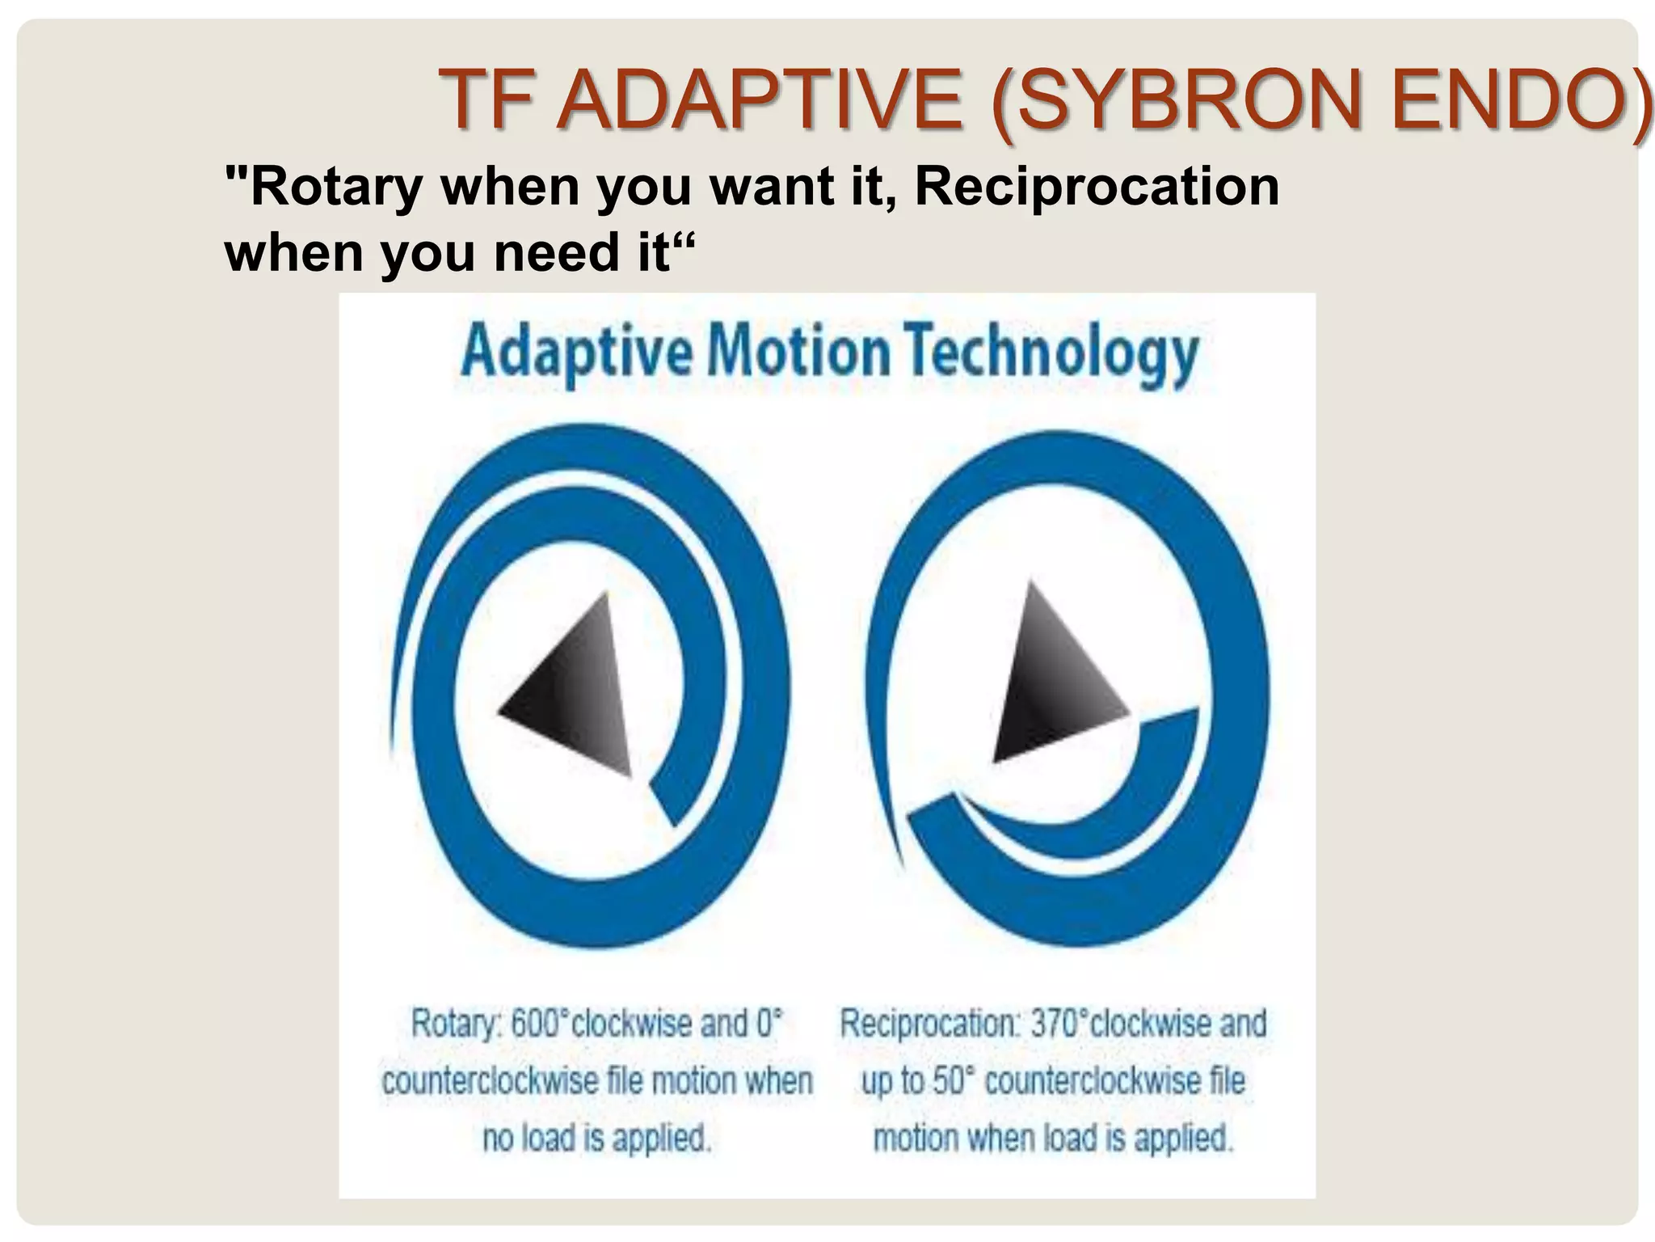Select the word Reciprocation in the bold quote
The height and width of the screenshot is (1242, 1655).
pyautogui.click(x=1097, y=186)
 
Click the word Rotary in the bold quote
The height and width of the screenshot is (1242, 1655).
pyautogui.click(x=336, y=186)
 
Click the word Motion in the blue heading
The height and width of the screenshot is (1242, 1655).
pyautogui.click(x=798, y=353)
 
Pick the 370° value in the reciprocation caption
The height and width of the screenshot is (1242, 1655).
pyautogui.click(x=1058, y=1024)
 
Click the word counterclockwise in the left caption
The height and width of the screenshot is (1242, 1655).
pyautogui.click(x=487, y=1081)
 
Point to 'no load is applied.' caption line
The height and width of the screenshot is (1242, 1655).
pyautogui.click(x=596, y=1138)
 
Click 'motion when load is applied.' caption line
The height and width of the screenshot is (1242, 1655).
pyautogui.click(x=1053, y=1138)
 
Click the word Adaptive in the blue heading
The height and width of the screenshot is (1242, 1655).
pyautogui.click(x=576, y=354)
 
